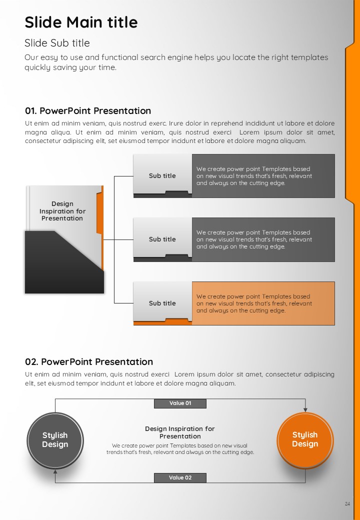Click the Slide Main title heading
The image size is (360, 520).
[81, 22]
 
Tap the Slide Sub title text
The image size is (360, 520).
[57, 43]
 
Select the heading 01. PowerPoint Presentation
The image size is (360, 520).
[88, 111]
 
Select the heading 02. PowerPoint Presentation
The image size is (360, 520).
[89, 361]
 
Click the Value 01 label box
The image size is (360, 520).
[180, 403]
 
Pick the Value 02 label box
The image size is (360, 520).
[180, 477]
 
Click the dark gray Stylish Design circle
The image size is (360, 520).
[55, 440]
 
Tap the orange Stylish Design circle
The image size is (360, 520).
[305, 440]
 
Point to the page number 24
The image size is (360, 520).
[347, 504]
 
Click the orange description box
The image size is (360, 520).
[263, 303]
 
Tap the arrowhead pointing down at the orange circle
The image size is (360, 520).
[305, 410]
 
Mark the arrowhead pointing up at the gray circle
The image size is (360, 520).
[55, 471]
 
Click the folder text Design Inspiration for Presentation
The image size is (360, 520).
[62, 211]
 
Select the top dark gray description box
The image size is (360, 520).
[263, 176]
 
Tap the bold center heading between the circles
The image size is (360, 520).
[180, 432]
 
